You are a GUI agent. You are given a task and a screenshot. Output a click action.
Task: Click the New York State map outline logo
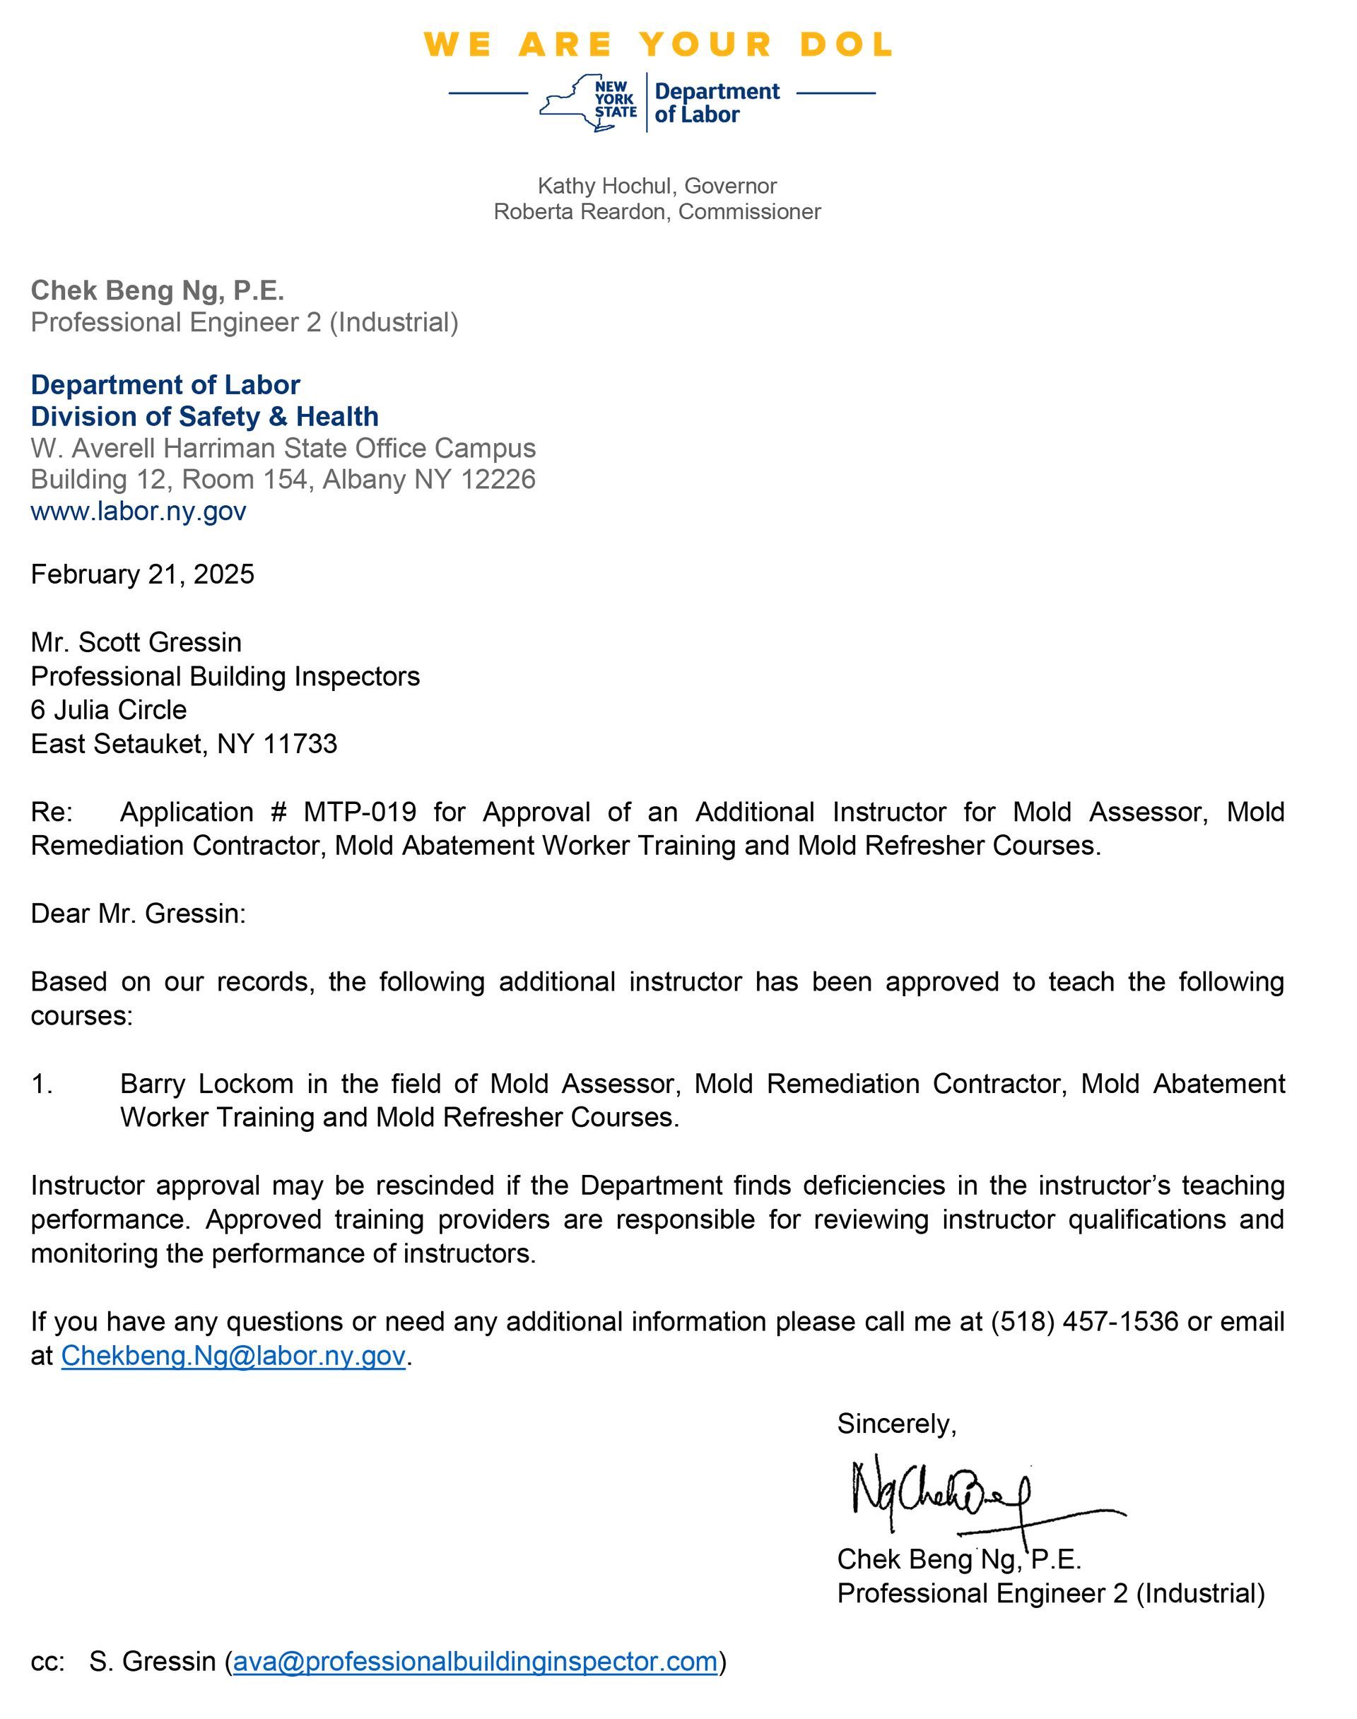click(x=587, y=103)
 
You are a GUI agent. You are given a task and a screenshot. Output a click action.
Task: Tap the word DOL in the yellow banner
click(x=846, y=45)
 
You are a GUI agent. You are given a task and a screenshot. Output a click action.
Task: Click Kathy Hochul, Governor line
click(x=657, y=186)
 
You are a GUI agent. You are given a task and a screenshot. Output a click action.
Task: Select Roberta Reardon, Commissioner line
click(x=657, y=212)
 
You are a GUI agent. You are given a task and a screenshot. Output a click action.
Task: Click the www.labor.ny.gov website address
click(x=139, y=511)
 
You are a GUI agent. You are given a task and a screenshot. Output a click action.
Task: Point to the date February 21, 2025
click(x=142, y=574)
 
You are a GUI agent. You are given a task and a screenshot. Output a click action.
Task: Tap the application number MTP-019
click(x=360, y=812)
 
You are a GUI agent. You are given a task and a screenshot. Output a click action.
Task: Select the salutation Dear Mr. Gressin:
click(x=139, y=914)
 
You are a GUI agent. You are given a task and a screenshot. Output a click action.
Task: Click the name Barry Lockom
click(x=206, y=1084)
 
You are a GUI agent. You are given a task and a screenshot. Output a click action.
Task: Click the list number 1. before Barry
click(x=41, y=1084)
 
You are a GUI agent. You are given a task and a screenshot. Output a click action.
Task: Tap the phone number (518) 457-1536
click(x=1083, y=1321)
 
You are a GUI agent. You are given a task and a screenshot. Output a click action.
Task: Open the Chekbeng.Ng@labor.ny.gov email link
click(x=233, y=1355)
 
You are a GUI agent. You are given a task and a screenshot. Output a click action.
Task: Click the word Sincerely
click(x=895, y=1424)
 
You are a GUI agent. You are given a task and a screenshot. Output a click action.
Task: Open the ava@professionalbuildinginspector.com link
click(x=475, y=1661)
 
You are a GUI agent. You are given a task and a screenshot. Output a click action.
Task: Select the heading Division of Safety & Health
click(x=204, y=416)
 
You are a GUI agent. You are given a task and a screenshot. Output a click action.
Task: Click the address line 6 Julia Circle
click(x=109, y=710)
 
